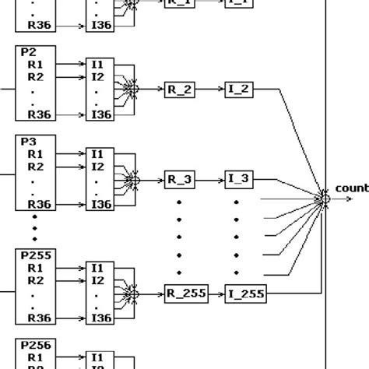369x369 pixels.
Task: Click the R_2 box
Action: [x=180, y=89]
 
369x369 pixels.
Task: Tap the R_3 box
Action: [x=180, y=180]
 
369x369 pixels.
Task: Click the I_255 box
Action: [x=245, y=293]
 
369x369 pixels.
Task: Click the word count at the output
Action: [x=351, y=188]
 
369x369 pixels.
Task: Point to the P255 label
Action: [x=31, y=256]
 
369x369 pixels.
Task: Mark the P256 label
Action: [x=31, y=345]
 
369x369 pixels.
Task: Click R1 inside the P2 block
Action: [x=35, y=65]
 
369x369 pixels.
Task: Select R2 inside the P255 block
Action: [x=35, y=280]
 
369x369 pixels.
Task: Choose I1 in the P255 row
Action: [x=97, y=268]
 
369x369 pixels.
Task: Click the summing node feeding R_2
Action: [x=135, y=90]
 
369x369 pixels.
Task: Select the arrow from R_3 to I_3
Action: [x=210, y=180]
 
